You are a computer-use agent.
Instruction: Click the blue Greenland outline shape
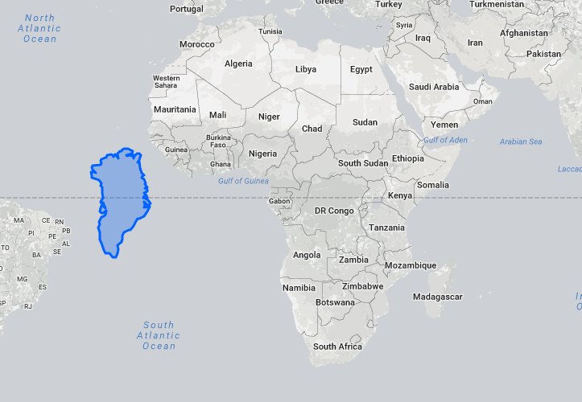click(x=121, y=201)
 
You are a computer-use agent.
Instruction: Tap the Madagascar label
click(x=437, y=297)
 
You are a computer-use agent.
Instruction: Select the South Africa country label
click(x=337, y=347)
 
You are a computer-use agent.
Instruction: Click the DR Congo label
click(x=333, y=211)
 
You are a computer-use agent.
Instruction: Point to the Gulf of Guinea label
click(x=243, y=181)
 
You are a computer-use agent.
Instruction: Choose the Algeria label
click(x=238, y=64)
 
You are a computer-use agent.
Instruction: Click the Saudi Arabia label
click(x=433, y=87)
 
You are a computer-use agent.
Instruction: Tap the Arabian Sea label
click(x=520, y=142)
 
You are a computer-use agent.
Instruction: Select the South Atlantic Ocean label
click(x=159, y=335)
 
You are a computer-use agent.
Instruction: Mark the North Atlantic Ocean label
click(x=40, y=28)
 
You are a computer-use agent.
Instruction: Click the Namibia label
click(x=299, y=287)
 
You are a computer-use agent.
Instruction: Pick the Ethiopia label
click(x=407, y=158)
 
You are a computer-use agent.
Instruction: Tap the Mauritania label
click(x=175, y=109)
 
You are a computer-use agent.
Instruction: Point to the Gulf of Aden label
click(x=445, y=140)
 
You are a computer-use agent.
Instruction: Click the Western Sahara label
click(x=166, y=81)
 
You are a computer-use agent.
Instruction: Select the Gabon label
click(x=280, y=201)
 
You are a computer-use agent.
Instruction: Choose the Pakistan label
click(x=543, y=54)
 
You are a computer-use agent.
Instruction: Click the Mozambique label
click(x=411, y=265)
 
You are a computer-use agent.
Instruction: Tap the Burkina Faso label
click(x=218, y=142)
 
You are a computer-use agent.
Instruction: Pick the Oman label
click(x=482, y=101)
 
